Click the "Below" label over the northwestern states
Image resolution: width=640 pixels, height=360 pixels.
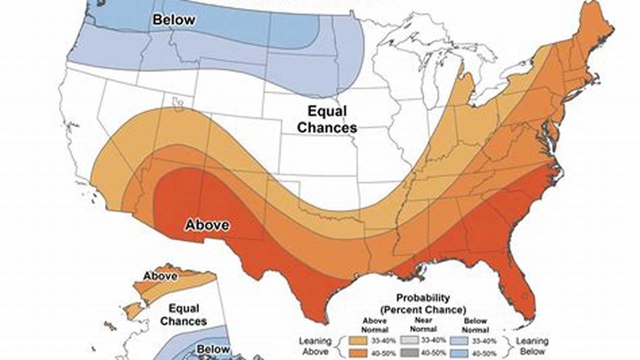[173, 19]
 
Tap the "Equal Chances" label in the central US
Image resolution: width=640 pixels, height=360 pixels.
[327, 119]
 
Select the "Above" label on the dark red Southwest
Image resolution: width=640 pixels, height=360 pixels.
[207, 225]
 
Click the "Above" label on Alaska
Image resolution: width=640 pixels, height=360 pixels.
[160, 276]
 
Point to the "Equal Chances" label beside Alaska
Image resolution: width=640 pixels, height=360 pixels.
[184, 314]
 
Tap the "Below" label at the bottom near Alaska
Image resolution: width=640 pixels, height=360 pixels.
[213, 349]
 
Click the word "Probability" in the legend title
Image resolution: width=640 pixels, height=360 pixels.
[423, 298]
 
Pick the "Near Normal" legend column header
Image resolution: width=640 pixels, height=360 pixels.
[423, 325]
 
